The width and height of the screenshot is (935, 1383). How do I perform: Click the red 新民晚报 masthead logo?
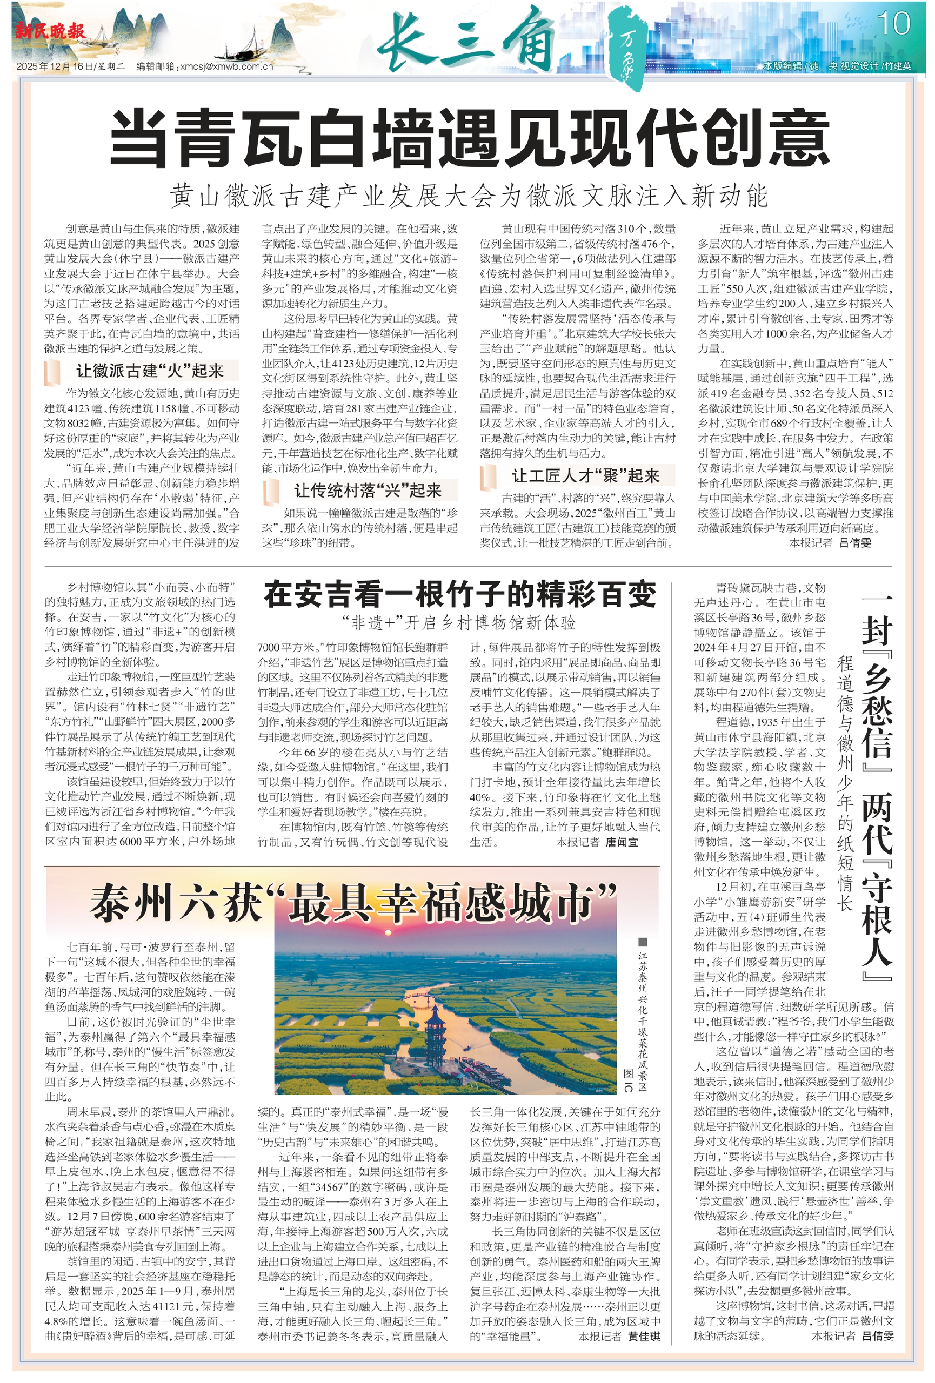pos(50,31)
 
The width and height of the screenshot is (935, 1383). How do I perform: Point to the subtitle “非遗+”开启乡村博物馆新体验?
pos(459,623)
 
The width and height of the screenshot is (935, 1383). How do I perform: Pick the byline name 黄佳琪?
pos(644,1337)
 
